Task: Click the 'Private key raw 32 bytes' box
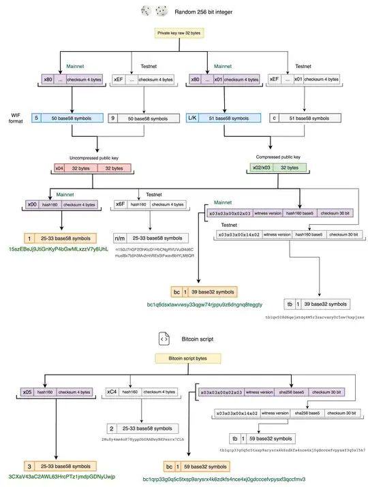tap(183, 32)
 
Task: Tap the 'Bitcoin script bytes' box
tap(183, 358)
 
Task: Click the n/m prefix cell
tap(121, 238)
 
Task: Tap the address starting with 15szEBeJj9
tap(59, 250)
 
